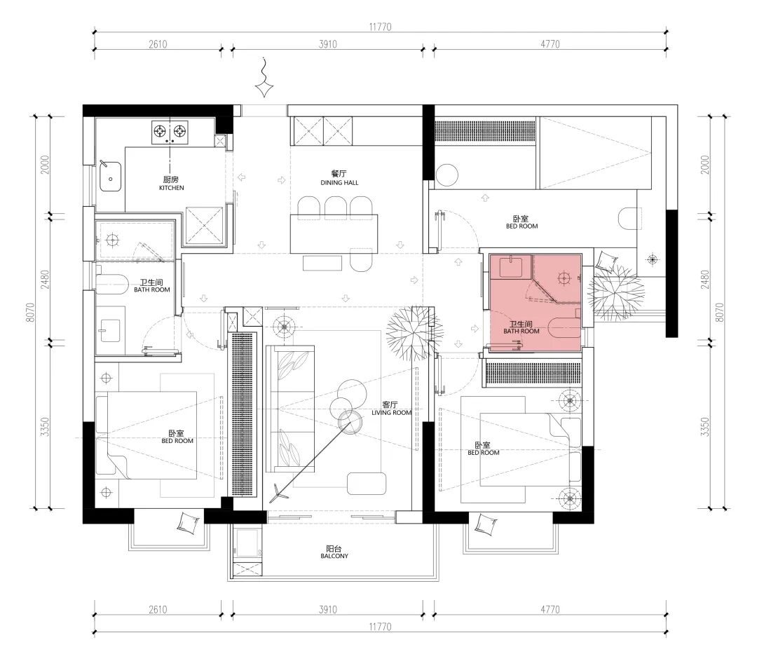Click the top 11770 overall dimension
pyautogui.click(x=381, y=27)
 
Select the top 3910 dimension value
pyautogui.click(x=328, y=44)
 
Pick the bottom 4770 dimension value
pyautogui.click(x=550, y=610)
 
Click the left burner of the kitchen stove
pyautogui.click(x=161, y=130)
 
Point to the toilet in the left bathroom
pyautogui.click(x=111, y=284)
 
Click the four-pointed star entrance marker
pyautogui.click(x=264, y=89)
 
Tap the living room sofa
pyautogui.click(x=290, y=409)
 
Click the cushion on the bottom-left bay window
pyautogui.click(x=189, y=523)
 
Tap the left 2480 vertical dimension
pyautogui.click(x=45, y=279)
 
